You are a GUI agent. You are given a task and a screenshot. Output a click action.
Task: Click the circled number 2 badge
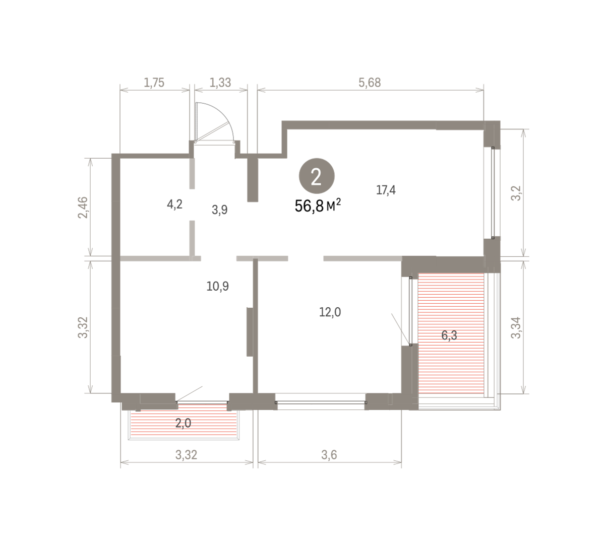click(317, 176)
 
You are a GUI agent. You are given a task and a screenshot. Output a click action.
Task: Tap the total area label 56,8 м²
click(318, 206)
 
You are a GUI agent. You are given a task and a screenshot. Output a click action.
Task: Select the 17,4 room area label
click(386, 190)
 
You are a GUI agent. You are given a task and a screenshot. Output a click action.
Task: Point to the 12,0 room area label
click(330, 312)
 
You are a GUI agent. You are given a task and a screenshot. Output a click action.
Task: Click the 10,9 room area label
click(217, 286)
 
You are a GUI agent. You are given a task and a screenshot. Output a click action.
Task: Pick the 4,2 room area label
click(174, 204)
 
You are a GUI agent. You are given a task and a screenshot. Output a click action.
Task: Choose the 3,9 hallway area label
click(219, 210)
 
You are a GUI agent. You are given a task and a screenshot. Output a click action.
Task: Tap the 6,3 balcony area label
click(449, 335)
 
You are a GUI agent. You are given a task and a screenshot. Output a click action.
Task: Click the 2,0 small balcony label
click(183, 423)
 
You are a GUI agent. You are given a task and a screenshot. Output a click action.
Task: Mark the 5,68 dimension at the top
click(370, 82)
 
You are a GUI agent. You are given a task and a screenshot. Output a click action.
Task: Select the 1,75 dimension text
click(154, 82)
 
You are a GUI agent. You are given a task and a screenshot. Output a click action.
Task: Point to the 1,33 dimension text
click(220, 82)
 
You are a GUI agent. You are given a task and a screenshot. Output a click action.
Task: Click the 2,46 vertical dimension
click(83, 207)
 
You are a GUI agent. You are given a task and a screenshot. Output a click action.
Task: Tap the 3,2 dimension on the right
click(516, 193)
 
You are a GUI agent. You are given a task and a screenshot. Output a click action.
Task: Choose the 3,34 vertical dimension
click(516, 327)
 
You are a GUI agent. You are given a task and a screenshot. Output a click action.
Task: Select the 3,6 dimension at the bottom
click(329, 455)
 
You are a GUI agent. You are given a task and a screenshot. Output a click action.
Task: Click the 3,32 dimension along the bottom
click(186, 455)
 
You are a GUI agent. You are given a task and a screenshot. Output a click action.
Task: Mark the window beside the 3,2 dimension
click(492, 193)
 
